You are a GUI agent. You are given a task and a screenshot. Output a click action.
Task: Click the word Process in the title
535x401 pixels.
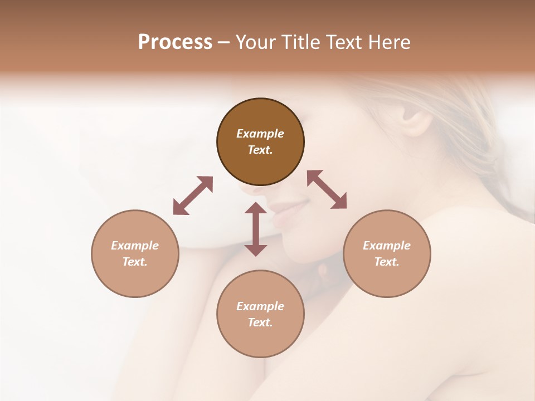tap(175, 42)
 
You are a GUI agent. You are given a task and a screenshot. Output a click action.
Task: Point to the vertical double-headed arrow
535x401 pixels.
tap(256, 229)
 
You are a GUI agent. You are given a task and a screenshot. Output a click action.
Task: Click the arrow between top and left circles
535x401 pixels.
tap(193, 195)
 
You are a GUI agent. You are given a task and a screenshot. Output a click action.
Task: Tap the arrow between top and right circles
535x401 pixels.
tap(327, 189)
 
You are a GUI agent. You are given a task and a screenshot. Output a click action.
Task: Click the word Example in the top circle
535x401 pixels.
tap(260, 134)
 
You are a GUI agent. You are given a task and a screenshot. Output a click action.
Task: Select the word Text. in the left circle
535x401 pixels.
tap(135, 262)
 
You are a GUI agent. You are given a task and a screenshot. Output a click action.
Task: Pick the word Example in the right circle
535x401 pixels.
tap(387, 246)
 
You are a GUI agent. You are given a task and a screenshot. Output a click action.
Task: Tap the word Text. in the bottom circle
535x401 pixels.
tap(260, 322)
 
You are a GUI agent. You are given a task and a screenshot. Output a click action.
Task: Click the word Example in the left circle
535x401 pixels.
tap(135, 246)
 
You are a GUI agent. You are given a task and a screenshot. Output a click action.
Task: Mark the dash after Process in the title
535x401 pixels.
tap(223, 43)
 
